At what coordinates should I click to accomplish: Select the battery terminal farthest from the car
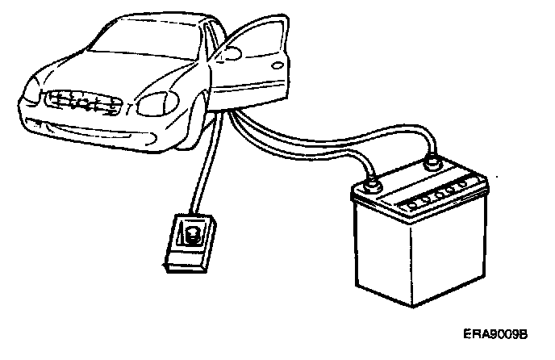[432, 165]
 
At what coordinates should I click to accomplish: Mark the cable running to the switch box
[202, 178]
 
